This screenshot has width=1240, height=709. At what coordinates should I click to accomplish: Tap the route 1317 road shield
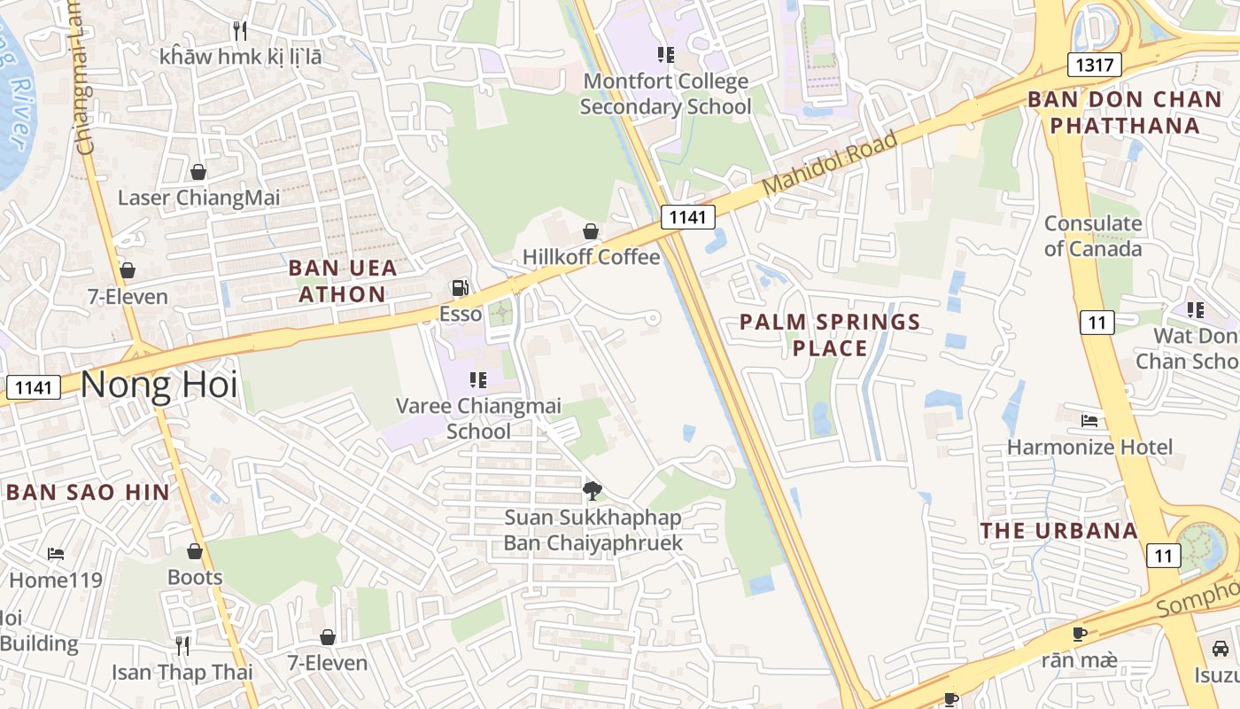point(1095,65)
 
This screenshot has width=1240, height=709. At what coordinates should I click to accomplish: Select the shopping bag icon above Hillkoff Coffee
point(591,232)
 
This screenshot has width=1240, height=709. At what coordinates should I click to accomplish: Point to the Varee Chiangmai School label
point(478,418)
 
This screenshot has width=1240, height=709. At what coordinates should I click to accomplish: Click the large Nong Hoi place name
point(159,386)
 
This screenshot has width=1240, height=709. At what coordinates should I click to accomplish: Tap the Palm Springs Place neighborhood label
point(830,334)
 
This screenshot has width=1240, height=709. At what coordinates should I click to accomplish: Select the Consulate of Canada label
point(1093,236)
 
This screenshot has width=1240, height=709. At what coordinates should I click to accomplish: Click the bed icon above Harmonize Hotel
point(1089,420)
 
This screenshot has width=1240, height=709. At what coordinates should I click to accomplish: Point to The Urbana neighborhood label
point(1058,531)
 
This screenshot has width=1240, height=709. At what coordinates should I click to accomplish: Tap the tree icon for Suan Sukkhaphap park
point(593,490)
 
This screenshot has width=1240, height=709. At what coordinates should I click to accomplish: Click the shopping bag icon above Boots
point(195,551)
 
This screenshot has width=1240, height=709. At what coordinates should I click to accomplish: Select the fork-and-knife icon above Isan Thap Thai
point(182,645)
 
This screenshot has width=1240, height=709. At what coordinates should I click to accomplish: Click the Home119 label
point(56,580)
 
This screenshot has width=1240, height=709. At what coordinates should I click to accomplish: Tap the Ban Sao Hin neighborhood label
point(88,493)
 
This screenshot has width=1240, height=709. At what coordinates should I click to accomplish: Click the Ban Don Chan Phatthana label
point(1125,112)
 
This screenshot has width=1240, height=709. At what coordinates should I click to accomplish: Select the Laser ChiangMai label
point(198,198)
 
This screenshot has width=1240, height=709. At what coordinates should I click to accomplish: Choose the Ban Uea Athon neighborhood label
point(343,280)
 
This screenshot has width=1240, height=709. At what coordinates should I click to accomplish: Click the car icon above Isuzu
point(1220,649)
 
